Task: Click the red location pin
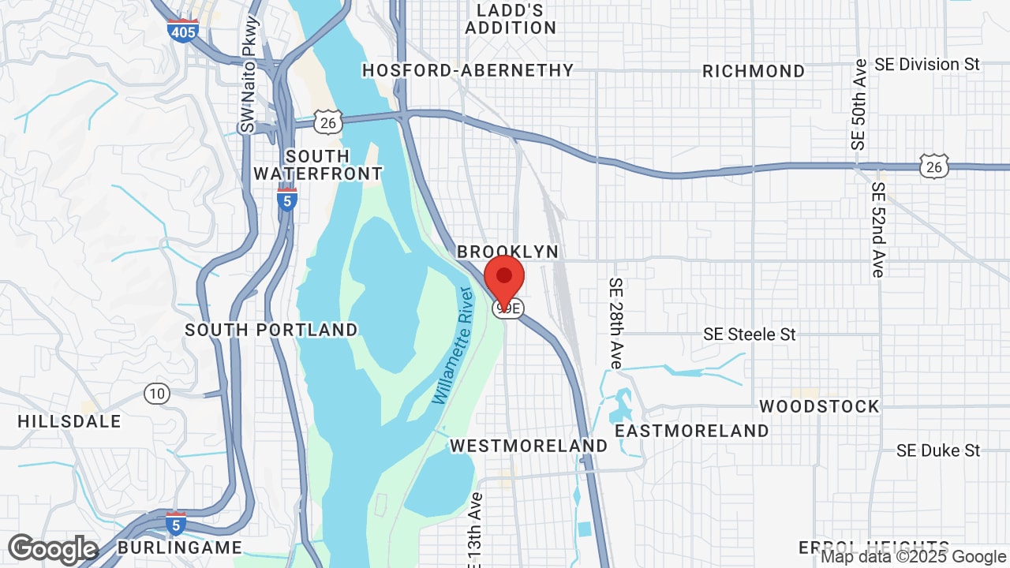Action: (504, 278)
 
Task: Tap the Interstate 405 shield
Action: (182, 30)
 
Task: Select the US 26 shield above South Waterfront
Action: (327, 122)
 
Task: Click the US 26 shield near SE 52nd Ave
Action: (934, 166)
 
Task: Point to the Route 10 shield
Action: (157, 393)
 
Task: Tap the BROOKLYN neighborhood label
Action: (507, 252)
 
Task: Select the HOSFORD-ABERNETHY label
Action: (468, 70)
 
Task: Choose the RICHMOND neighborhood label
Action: (754, 71)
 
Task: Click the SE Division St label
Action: (927, 64)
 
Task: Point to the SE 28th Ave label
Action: (616, 323)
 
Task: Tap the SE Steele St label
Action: (750, 334)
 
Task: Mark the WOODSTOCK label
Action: (819, 406)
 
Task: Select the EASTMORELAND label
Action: (692, 431)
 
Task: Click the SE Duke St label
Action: (938, 450)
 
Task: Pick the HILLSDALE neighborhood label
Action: (69, 421)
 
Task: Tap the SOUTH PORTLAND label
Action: (271, 330)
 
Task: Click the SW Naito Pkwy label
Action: (249, 87)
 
